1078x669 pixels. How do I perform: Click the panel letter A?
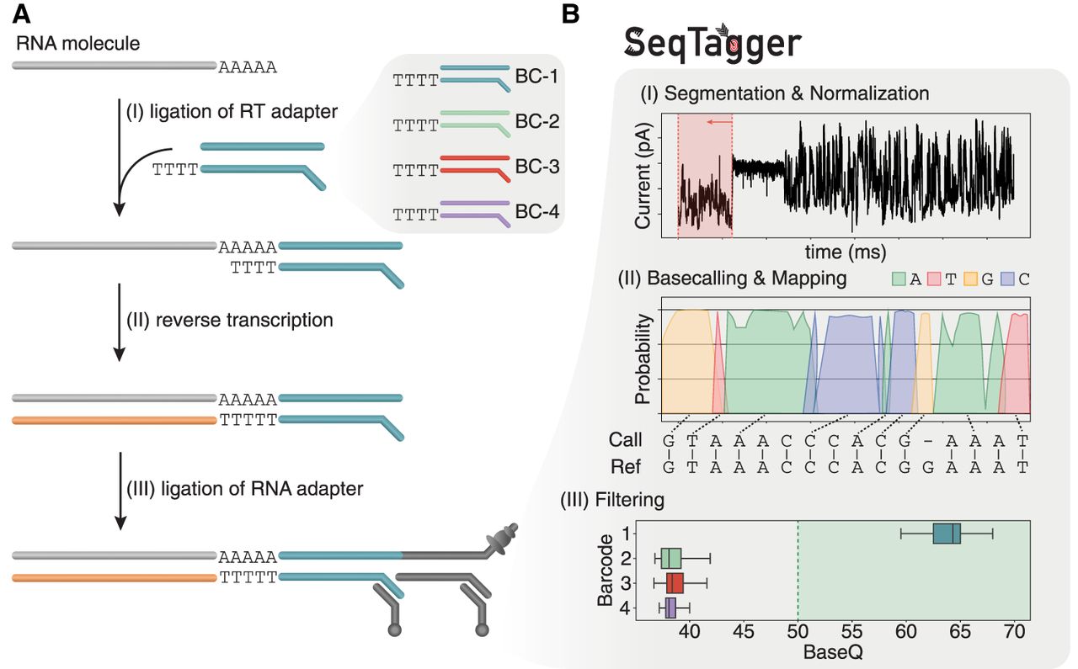pos(23,14)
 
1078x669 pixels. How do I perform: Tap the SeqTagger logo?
pos(712,43)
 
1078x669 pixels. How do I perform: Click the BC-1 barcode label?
pos(536,80)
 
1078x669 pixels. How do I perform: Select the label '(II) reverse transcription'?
pos(229,320)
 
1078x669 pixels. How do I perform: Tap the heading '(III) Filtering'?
pos(612,500)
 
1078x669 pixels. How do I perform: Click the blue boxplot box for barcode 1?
pos(947,534)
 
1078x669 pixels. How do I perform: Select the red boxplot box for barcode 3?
pos(675,583)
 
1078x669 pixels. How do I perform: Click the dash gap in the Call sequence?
pos(925,440)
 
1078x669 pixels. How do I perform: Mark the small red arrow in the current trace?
pos(716,123)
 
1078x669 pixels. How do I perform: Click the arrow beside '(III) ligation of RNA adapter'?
pos(120,491)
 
